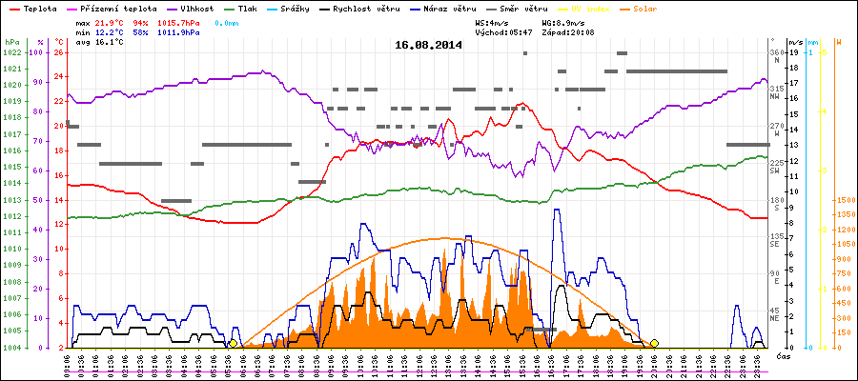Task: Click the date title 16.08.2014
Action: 428,45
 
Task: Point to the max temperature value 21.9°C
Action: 114,22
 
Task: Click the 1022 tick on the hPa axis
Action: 11,52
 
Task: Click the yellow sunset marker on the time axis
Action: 654,343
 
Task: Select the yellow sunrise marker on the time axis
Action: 234,343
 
